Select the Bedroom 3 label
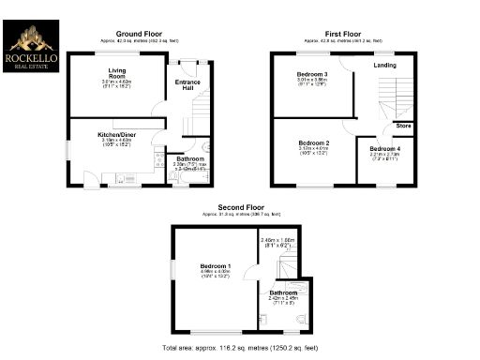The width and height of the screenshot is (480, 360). click(x=312, y=73)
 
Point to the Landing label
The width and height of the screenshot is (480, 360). click(x=384, y=66)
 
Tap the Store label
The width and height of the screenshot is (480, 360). click(x=403, y=126)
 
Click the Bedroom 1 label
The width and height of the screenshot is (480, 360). click(x=216, y=266)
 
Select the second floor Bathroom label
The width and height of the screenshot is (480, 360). click(x=284, y=293)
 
